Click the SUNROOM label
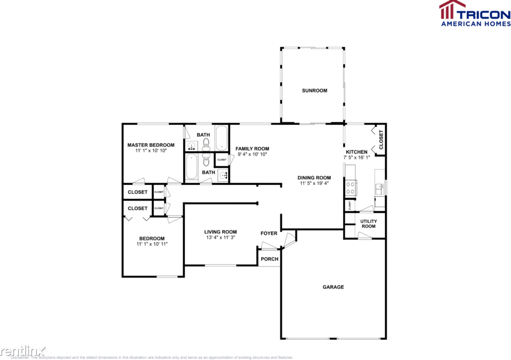[x=314, y=90]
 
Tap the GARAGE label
[x=333, y=287]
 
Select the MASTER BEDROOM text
[x=150, y=145]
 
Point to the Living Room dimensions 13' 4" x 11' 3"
[x=220, y=238]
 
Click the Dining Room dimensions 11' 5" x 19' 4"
[x=314, y=184]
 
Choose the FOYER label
[x=269, y=233]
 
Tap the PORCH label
[x=269, y=259]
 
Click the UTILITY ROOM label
[x=368, y=224]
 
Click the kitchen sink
[x=380, y=188]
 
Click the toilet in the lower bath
[x=206, y=163]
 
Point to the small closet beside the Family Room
[x=221, y=160]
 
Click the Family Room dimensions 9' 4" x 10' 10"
[x=252, y=154]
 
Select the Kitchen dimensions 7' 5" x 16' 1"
[x=357, y=158]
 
